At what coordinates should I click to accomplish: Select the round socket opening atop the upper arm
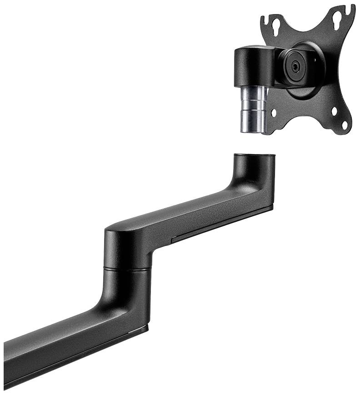tap(255, 156)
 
